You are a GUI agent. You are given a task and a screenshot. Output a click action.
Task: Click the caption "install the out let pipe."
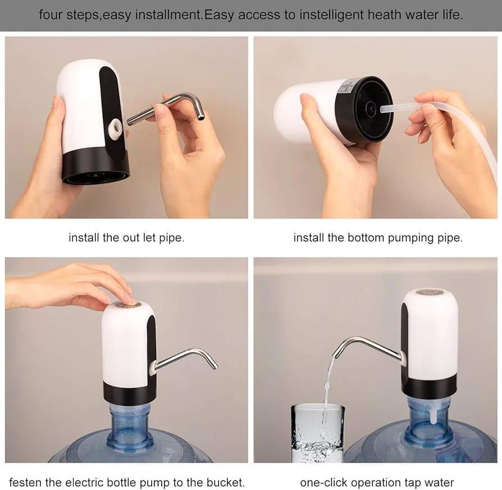pyautogui.click(x=126, y=237)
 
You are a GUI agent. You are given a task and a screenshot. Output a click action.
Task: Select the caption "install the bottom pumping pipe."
pyautogui.click(x=378, y=237)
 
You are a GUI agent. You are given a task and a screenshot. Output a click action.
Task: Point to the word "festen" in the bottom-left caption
pyautogui.click(x=26, y=482)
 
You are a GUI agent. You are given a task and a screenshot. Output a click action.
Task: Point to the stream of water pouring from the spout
pyautogui.click(x=327, y=387)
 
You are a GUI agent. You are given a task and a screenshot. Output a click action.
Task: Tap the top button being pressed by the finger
pyautogui.click(x=126, y=304)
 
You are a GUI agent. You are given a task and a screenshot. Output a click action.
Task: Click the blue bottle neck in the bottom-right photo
pyautogui.click(x=430, y=418)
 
